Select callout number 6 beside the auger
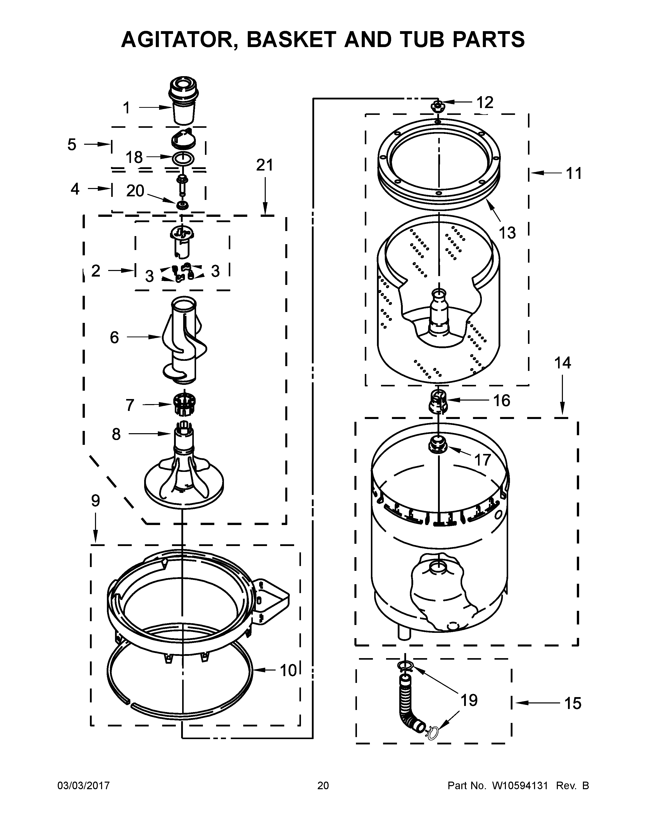point(114,337)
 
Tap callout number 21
point(264,165)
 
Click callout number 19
point(469,700)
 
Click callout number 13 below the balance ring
point(507,233)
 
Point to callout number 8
point(116,434)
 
